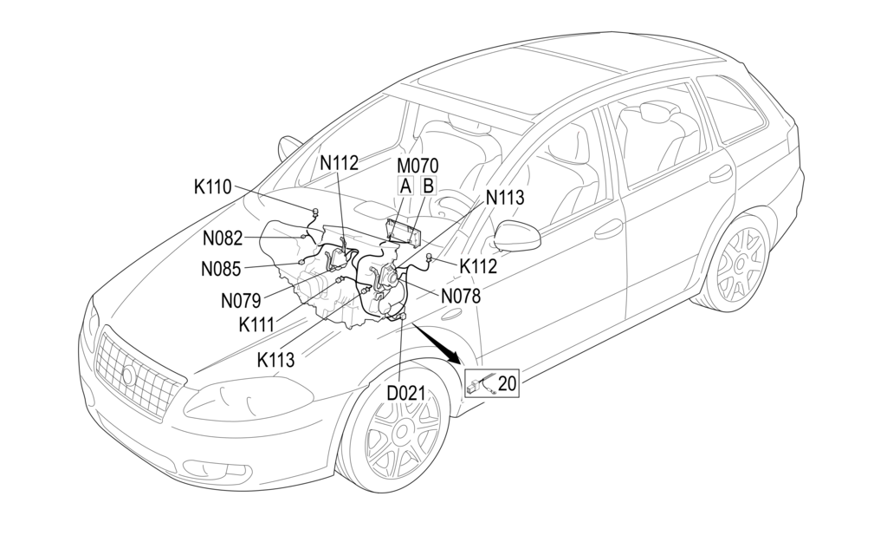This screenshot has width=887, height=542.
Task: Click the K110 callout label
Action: pos(212,186)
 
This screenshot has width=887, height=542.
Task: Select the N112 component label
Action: pos(339,162)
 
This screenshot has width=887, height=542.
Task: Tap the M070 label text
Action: pos(418,165)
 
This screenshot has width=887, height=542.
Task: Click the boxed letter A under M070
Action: pos(405,185)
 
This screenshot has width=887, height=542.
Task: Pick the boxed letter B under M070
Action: pos(428,185)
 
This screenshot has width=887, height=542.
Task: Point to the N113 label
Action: pos(505,198)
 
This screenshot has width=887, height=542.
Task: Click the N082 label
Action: pos(223,238)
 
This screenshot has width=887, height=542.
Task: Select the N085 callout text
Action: pos(221,269)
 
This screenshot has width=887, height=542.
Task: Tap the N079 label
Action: pos(240,301)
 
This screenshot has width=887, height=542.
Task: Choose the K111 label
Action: pos(257,325)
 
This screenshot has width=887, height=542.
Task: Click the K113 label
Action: pos(275,359)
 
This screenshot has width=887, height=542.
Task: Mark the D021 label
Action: pos(405,393)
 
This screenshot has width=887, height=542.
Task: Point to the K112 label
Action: pos(478,266)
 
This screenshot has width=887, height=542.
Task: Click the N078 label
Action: pos(460,296)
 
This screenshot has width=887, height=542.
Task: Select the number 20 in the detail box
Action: pos(508,382)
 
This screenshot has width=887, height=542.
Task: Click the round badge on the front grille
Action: pos(128,375)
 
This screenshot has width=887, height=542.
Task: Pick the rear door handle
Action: pos(720,175)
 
